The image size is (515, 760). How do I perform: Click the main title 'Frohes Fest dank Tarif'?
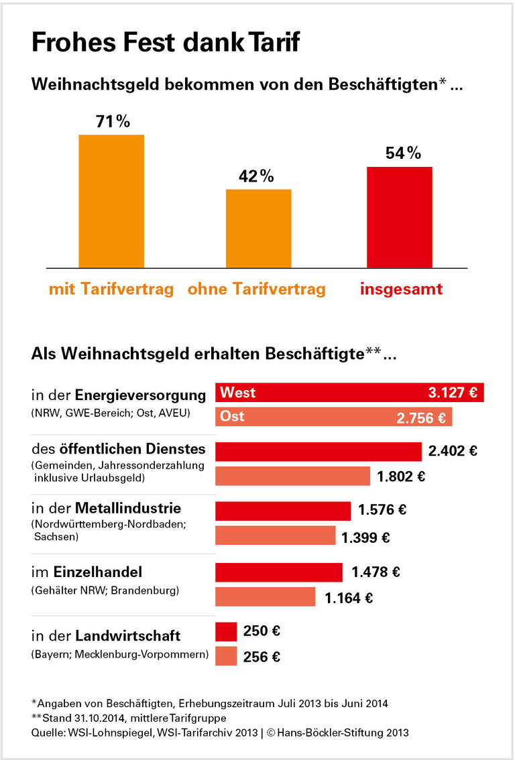pyautogui.click(x=165, y=43)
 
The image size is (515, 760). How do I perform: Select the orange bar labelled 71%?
pyautogui.click(x=111, y=201)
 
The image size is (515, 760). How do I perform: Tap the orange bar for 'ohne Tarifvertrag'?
pyautogui.click(x=258, y=229)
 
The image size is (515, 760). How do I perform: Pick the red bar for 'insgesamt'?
pyautogui.click(x=399, y=217)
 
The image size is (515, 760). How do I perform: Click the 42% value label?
pyautogui.click(x=257, y=176)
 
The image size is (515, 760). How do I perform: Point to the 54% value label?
pyautogui.click(x=402, y=153)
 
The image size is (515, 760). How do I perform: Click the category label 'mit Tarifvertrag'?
pyautogui.click(x=111, y=290)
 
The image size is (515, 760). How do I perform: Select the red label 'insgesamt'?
pyautogui.click(x=401, y=290)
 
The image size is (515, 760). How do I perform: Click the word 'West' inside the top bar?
pyautogui.click(x=238, y=393)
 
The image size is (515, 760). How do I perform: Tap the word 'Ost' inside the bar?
pyautogui.click(x=232, y=416)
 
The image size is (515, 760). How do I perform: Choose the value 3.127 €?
pyautogui.click(x=453, y=393)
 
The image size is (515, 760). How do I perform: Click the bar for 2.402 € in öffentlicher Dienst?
pyautogui.click(x=318, y=451)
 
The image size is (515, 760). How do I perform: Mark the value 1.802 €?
pyautogui.click(x=402, y=477)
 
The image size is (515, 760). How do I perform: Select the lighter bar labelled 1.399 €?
pyautogui.click(x=275, y=536)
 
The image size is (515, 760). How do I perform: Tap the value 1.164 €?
pyautogui.click(x=349, y=598)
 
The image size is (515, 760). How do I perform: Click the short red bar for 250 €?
pyautogui.click(x=226, y=631)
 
